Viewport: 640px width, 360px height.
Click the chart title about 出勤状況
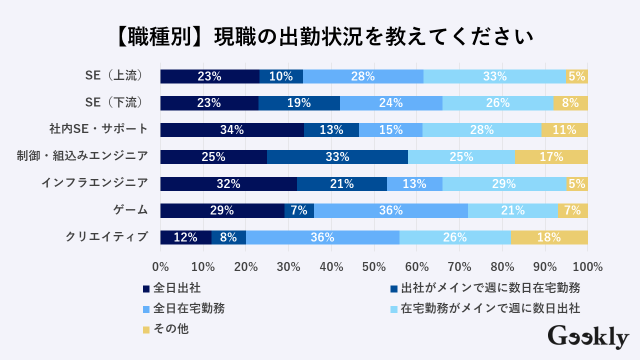click(320, 37)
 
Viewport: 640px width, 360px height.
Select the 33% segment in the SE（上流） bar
click(494, 76)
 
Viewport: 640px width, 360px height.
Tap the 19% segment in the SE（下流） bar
click(299, 103)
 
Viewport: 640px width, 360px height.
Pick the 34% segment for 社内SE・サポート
click(232, 130)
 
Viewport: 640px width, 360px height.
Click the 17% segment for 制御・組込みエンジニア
click(551, 157)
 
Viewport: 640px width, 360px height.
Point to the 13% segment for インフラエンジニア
click(414, 184)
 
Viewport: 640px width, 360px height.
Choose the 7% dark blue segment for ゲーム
click(299, 210)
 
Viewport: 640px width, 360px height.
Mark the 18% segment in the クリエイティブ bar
click(549, 237)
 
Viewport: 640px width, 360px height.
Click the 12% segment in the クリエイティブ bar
click(185, 237)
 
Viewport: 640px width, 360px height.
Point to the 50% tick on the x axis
click(374, 266)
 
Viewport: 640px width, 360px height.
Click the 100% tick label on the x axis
click(587, 266)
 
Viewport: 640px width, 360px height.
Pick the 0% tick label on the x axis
click(160, 266)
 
